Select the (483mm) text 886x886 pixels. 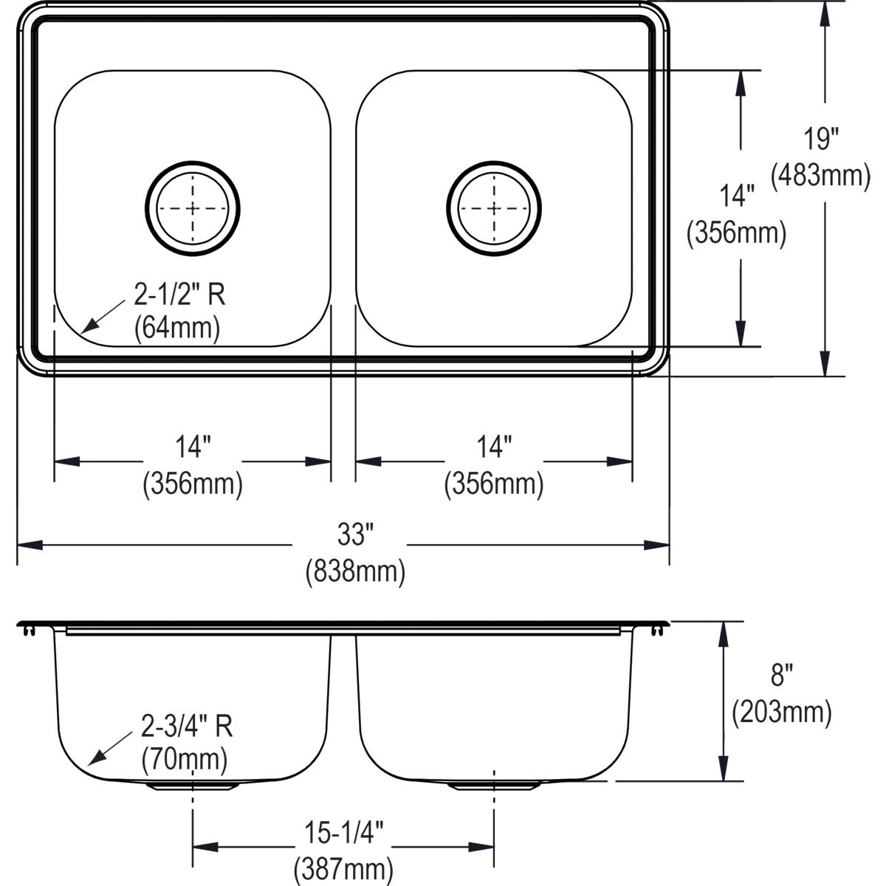coord(820,176)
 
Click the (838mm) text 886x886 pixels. coord(355,571)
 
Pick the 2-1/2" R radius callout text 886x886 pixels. coord(179,295)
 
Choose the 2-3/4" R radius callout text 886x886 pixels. coord(187,727)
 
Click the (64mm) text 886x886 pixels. coord(177,327)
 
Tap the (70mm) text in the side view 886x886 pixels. coord(184,758)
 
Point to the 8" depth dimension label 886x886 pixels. coord(781,674)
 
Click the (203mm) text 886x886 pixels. coord(781,712)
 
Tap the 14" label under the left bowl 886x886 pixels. coord(193,447)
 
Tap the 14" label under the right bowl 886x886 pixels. coord(494,447)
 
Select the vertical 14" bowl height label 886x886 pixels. coord(736,196)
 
